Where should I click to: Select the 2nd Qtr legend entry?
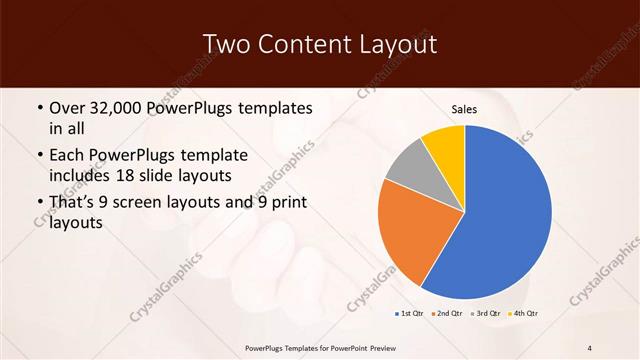pyautogui.click(x=449, y=314)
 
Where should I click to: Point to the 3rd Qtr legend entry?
pyautogui.click(x=486, y=314)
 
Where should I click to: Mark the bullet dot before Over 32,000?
pyautogui.click(x=39, y=108)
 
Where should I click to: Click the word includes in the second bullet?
pyautogui.click(x=83, y=177)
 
